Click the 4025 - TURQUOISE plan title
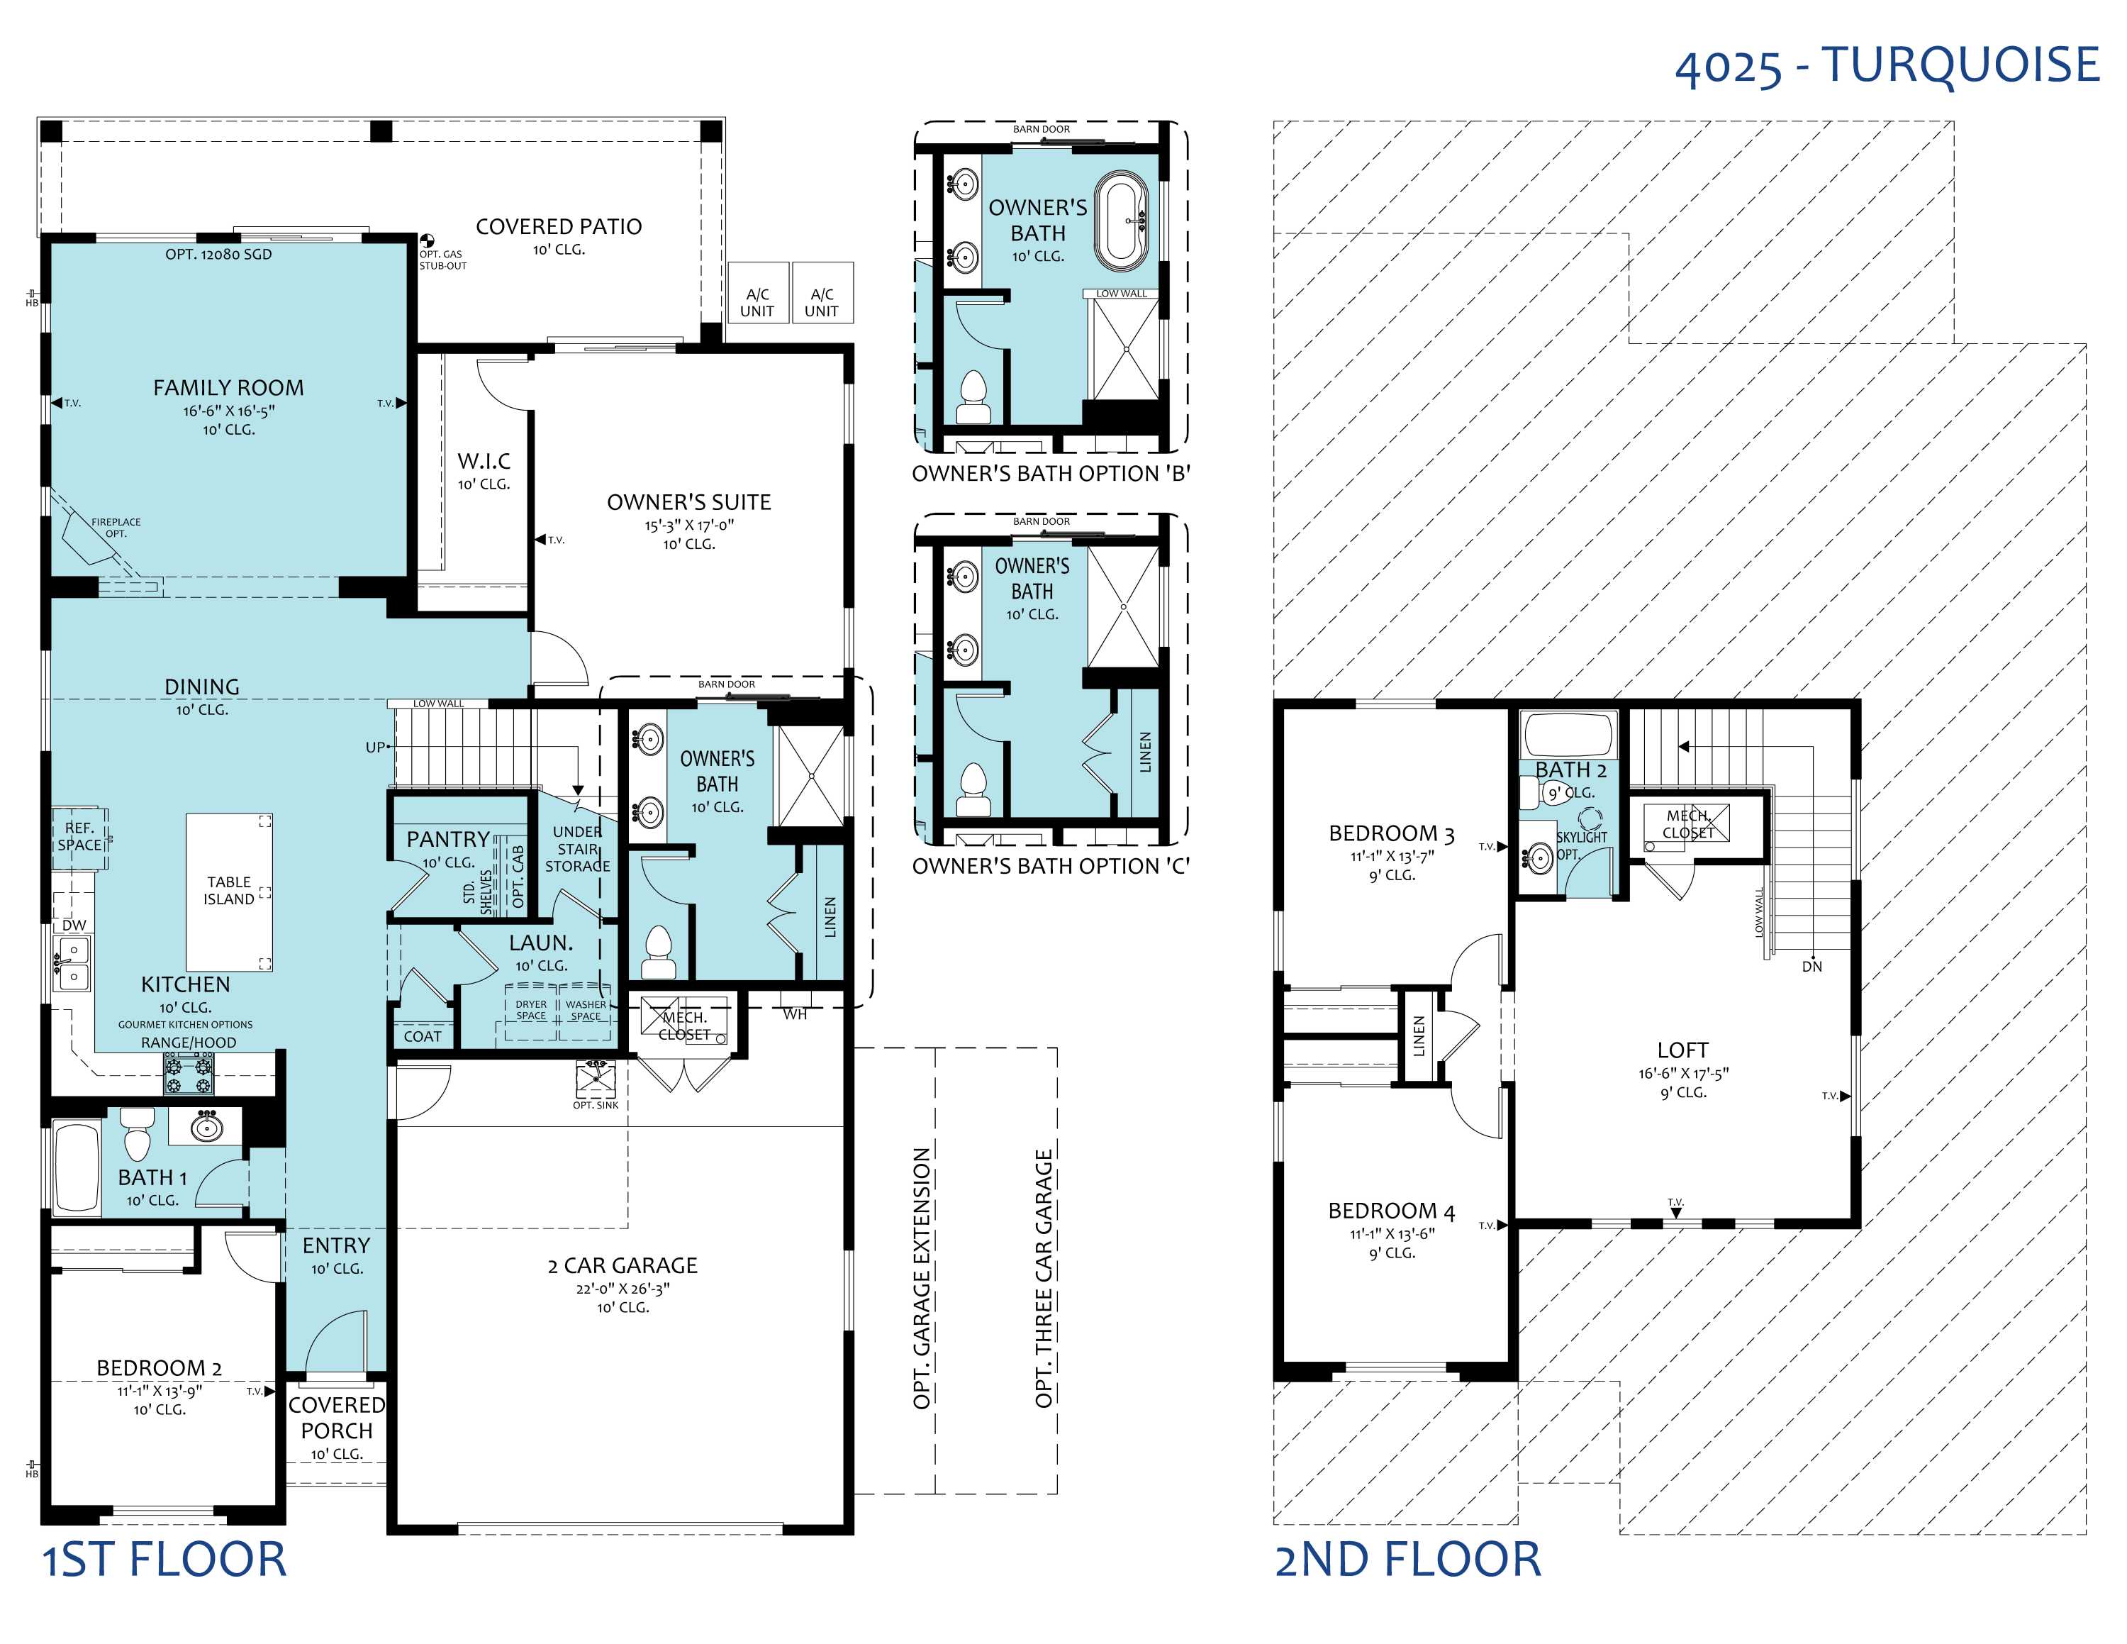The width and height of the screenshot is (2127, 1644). pos(1887,65)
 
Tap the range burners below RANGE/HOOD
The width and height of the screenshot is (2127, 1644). pos(189,1073)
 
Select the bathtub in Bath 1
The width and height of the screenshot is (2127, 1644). pos(77,1169)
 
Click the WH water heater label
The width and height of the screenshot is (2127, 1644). pos(795,1014)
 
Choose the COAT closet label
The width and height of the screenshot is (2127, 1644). pos(423,1036)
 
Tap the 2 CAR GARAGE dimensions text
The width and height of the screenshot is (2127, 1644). pos(623,1289)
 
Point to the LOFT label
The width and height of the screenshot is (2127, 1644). pos(1683,1050)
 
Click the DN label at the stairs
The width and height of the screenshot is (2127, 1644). pos(1811,966)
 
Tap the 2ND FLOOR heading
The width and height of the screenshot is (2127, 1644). pos(1408,1560)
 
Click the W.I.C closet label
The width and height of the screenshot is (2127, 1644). pos(484,461)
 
